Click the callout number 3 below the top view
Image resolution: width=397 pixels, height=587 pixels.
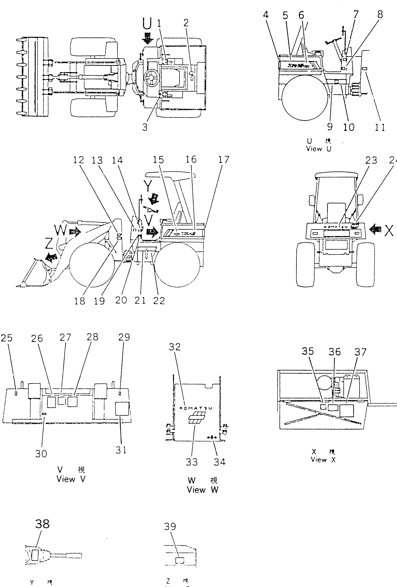point(145,127)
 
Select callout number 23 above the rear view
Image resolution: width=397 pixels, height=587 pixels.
point(371,160)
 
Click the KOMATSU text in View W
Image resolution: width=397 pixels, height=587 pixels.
point(196,408)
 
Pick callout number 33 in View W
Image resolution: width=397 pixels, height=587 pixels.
point(192,462)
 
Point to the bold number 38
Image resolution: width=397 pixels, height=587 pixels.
point(42,524)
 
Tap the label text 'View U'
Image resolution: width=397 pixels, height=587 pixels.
point(318,149)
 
